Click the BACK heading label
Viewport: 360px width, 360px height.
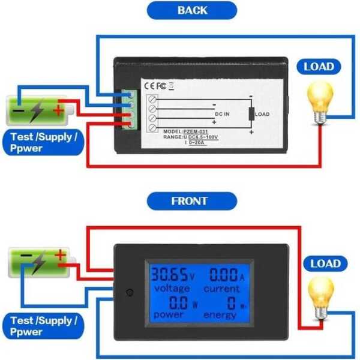click(x=192, y=10)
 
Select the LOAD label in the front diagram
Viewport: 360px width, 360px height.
click(x=325, y=263)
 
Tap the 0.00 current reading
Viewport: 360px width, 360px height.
click(x=224, y=275)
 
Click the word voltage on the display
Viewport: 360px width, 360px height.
click(x=172, y=289)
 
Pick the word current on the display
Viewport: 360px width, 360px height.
click(x=221, y=289)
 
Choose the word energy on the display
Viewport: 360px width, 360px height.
click(x=220, y=315)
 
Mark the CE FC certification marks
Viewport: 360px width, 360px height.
click(x=155, y=85)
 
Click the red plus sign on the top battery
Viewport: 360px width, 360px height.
click(x=58, y=110)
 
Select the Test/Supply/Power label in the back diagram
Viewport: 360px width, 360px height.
click(x=43, y=142)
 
